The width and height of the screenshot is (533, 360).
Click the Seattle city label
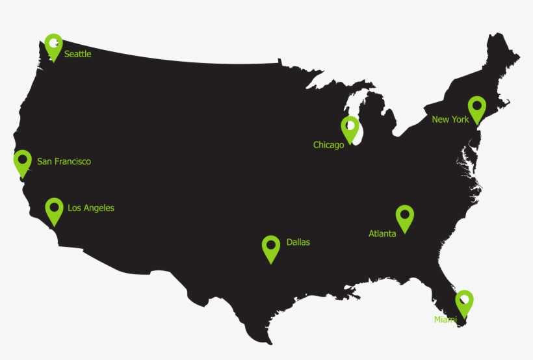coord(77,55)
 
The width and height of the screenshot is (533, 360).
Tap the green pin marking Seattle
coord(53,46)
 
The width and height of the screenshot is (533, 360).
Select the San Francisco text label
coord(64,162)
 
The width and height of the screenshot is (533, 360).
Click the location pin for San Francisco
coord(23,162)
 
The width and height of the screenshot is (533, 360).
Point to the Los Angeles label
coord(91,208)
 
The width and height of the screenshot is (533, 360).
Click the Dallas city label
coord(298,242)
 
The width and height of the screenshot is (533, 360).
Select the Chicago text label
coord(328,145)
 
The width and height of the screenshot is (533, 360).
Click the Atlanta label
coord(382,234)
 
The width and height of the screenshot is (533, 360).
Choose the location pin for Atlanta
coord(405,218)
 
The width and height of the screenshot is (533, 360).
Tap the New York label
coord(450,120)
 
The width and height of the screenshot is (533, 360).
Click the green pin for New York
coord(477,109)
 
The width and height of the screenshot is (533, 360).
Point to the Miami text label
coord(445,320)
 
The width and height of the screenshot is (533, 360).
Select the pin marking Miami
coord(464,302)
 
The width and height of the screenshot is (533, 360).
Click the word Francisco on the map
coord(73,162)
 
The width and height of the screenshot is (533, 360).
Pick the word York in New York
coord(460,120)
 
